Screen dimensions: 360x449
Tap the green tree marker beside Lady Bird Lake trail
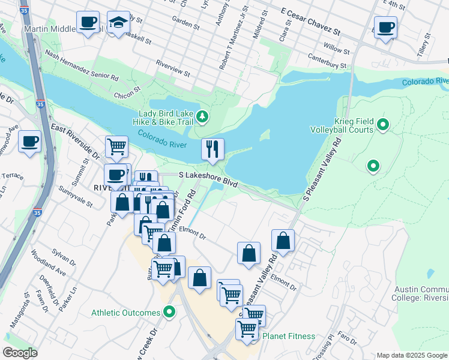pyautogui.click(x=203, y=116)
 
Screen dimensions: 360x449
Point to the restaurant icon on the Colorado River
pyautogui.click(x=212, y=149)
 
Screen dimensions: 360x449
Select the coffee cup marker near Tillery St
pyautogui.click(x=385, y=27)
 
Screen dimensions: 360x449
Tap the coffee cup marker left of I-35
pyautogui.click(x=29, y=142)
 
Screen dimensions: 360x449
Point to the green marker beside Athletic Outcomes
pyautogui.click(x=170, y=312)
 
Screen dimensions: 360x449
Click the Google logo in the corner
pyautogui.click(x=20, y=353)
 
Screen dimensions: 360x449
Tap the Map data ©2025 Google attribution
pyautogui.click(x=412, y=355)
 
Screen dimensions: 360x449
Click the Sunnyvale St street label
pyautogui.click(x=76, y=196)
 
